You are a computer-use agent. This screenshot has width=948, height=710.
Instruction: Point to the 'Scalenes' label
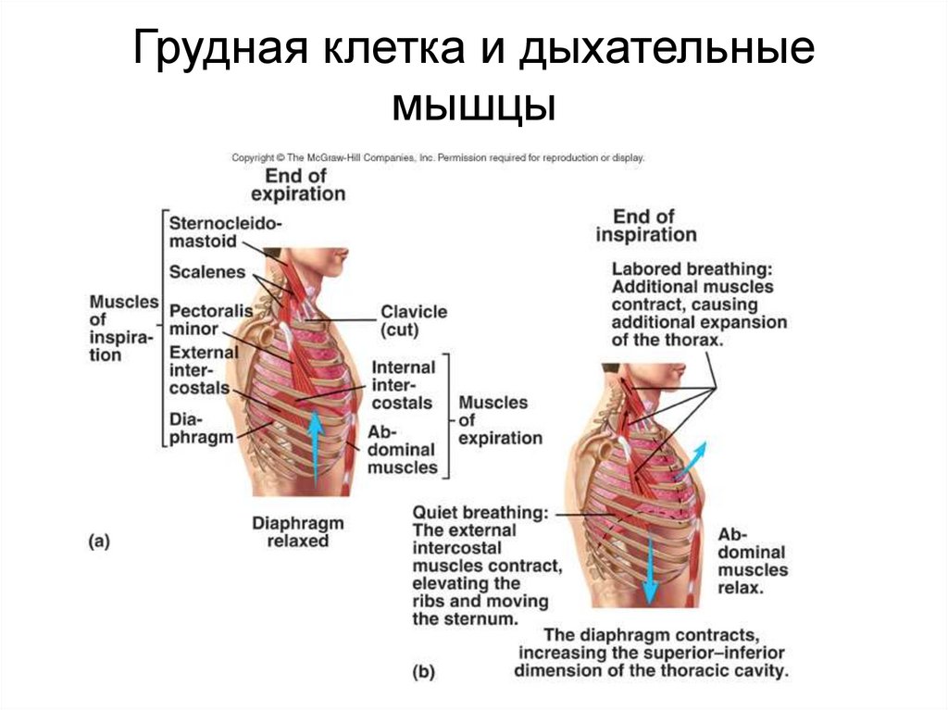[206, 272]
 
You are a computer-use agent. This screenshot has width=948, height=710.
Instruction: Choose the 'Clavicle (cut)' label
[413, 320]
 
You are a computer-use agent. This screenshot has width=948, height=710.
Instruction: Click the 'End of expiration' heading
[297, 184]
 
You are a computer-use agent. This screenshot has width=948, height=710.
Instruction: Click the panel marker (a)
[99, 543]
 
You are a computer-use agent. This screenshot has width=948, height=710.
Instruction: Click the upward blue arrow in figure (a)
[316, 444]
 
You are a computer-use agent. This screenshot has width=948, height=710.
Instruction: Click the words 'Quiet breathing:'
[480, 512]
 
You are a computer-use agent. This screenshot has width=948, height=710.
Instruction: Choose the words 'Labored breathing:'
[692, 268]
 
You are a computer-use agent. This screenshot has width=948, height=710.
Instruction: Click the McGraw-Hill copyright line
[437, 157]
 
